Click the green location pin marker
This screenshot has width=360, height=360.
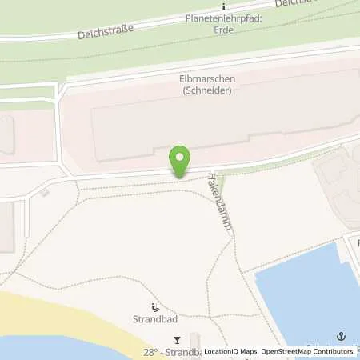(x=181, y=159)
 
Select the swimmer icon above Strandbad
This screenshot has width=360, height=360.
(x=155, y=308)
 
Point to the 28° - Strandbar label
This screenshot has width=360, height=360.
(x=172, y=352)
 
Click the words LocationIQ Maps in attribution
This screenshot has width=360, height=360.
(x=231, y=352)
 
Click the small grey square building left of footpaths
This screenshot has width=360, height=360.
(x=45, y=192)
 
